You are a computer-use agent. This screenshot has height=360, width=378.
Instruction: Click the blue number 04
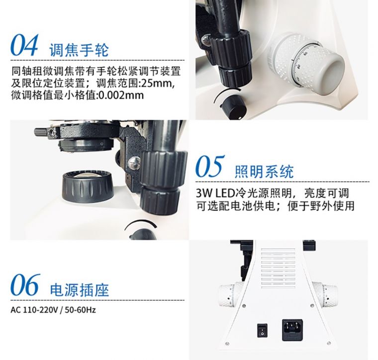24,45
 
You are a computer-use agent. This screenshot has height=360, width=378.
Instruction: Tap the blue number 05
210,166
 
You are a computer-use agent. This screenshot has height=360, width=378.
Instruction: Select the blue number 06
25,285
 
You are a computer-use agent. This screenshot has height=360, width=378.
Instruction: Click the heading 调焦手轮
79,50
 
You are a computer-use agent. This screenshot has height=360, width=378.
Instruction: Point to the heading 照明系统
264,172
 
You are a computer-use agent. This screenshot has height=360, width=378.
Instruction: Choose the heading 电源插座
79,290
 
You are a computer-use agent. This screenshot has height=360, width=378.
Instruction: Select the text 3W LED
215,193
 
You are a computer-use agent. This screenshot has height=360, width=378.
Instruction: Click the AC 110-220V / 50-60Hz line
53,310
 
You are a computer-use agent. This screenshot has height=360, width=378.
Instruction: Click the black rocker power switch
262,331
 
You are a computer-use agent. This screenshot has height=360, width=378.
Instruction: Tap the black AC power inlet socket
292,330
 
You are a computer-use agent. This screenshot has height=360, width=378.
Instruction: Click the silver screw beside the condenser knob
134,163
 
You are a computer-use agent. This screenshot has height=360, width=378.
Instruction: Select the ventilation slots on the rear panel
278,268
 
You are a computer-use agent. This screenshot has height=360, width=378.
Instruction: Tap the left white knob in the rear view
231,295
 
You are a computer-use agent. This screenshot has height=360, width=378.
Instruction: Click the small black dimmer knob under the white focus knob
233,107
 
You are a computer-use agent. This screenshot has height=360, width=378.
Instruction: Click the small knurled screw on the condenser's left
43,132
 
